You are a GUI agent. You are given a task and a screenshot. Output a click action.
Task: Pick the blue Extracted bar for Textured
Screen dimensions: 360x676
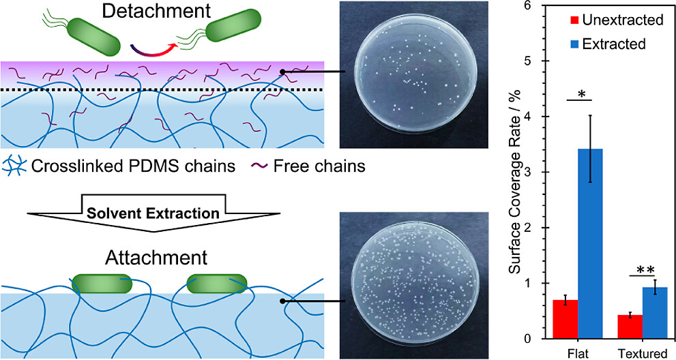(656, 313)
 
